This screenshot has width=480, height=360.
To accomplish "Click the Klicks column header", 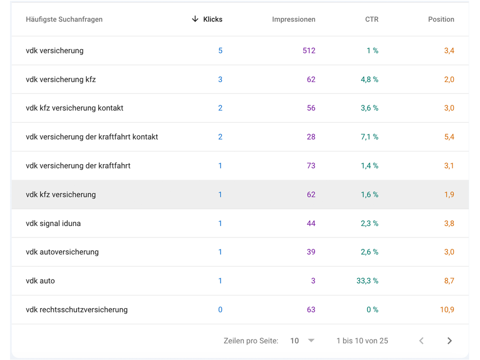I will coord(212,19).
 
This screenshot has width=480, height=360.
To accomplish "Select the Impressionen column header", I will coord(293,19).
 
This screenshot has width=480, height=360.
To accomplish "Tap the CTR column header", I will coord(372,19).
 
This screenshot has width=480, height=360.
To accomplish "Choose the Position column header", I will coord(441,19).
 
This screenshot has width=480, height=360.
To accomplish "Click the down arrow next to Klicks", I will coord(195,19).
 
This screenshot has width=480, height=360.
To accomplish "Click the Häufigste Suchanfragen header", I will coord(64,19).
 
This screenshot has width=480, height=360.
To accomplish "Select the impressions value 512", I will coord(309,51).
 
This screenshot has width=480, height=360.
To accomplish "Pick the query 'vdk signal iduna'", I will coord(53,224).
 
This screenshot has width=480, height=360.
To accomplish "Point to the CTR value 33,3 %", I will coord(367,281).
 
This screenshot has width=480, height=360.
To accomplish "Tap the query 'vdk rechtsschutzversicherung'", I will coord(76,310).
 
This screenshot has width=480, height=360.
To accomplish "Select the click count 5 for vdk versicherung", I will coord(220,51).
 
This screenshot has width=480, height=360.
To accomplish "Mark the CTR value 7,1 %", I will coord(369,137).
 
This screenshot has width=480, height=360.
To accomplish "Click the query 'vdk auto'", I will coord(40,281).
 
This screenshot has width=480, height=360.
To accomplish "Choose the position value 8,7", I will coord(449,281).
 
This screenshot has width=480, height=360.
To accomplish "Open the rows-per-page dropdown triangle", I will coord(311,341).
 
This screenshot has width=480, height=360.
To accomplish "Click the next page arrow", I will coord(450,341).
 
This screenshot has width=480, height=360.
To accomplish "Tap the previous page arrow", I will coord(421,341).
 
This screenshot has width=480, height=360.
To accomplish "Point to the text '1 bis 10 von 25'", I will coord(362,341).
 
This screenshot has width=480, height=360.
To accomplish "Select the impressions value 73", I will coord(311,166).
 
